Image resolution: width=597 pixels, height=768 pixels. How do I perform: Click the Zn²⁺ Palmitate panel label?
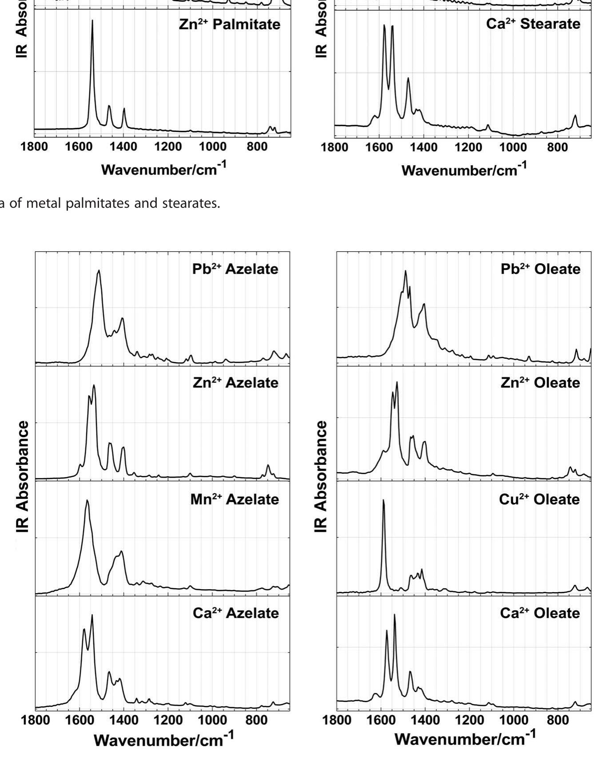[230, 24]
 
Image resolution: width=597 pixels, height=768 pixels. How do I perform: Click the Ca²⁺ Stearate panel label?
[533, 24]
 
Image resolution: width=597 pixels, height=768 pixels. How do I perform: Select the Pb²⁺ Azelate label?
[235, 269]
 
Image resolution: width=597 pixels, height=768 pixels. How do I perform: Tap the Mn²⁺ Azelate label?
[235, 499]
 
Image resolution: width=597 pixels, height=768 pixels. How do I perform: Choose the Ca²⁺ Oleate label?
[540, 613]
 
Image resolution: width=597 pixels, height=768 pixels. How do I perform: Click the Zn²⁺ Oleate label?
[540, 383]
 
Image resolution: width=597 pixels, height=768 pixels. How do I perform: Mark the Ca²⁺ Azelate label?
[235, 613]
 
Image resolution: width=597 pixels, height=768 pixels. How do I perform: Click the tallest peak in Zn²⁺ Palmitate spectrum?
[92, 21]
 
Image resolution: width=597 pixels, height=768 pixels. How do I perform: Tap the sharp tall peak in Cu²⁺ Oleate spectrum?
[383, 501]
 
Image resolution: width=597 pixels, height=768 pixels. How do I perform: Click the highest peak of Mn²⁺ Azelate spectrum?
[87, 501]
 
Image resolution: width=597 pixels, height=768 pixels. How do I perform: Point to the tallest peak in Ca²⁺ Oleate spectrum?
[394, 615]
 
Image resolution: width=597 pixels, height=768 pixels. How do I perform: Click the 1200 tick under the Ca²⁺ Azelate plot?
[168, 720]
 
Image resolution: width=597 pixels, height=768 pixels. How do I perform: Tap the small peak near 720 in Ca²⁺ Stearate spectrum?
[575, 116]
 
